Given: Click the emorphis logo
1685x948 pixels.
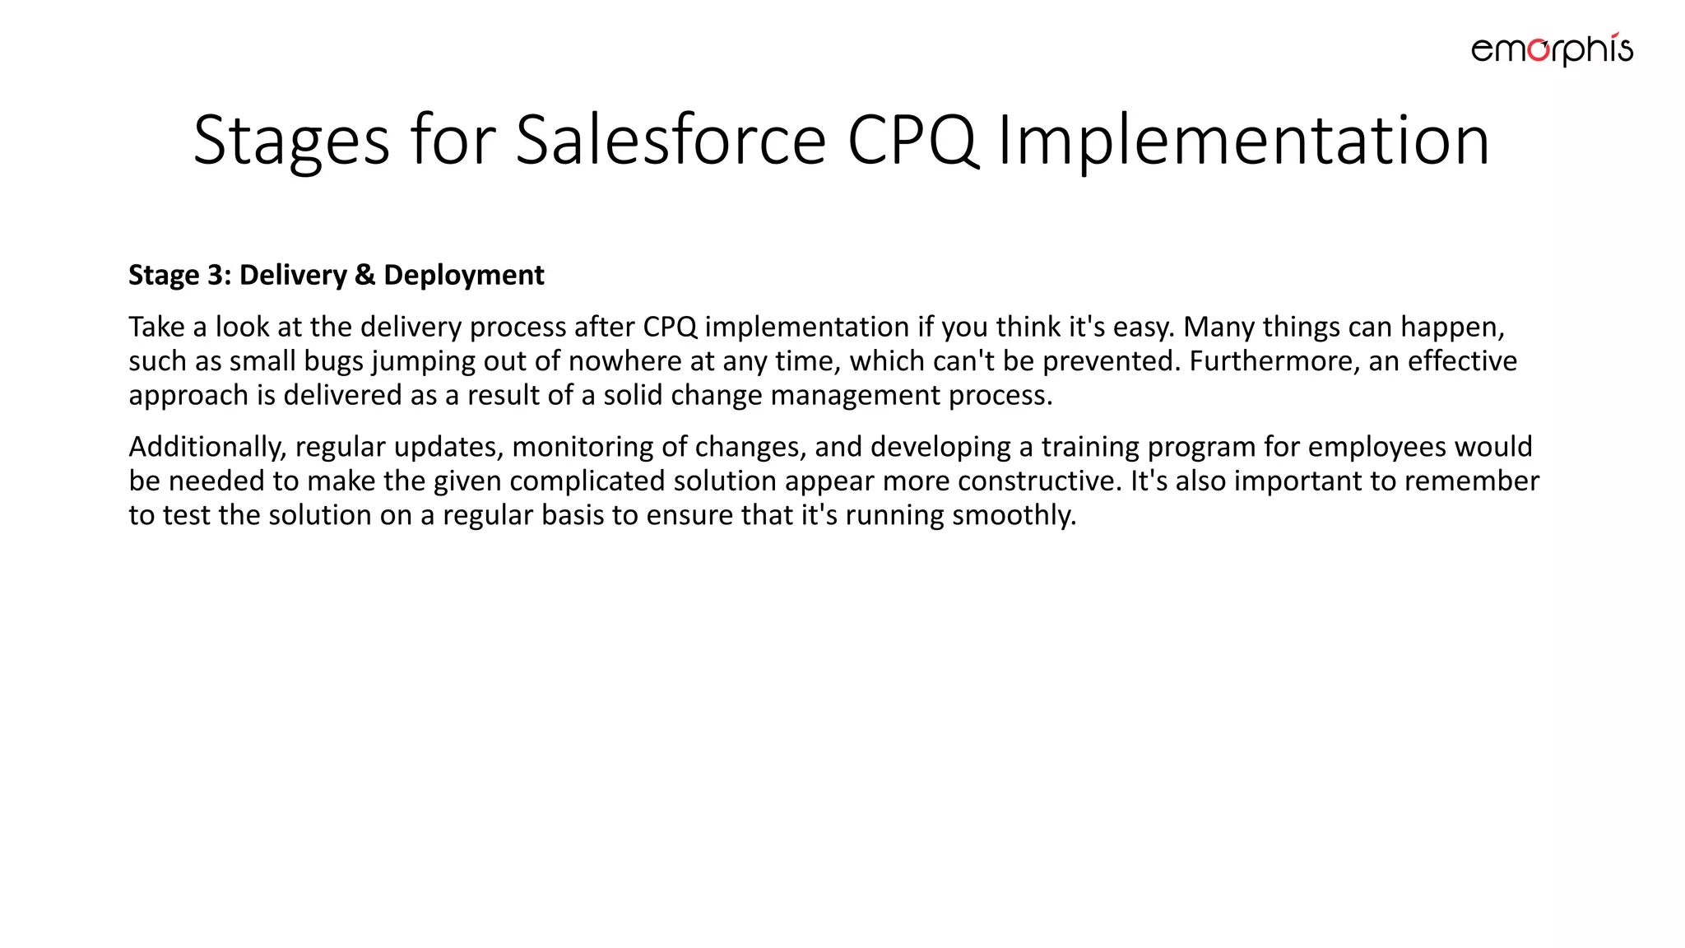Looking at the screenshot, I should click(x=1552, y=49).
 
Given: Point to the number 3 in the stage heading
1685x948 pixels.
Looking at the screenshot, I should click(x=217, y=275).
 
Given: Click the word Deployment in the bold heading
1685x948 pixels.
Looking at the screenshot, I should click(x=464, y=275).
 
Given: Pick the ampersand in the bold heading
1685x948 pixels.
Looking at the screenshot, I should click(x=364, y=275).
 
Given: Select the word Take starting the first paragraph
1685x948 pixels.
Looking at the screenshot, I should click(x=156, y=327).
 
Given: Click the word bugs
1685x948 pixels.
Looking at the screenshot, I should click(x=333, y=361).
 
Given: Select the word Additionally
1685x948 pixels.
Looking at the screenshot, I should click(x=207, y=447).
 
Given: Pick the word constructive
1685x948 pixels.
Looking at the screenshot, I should click(x=1040, y=481).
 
